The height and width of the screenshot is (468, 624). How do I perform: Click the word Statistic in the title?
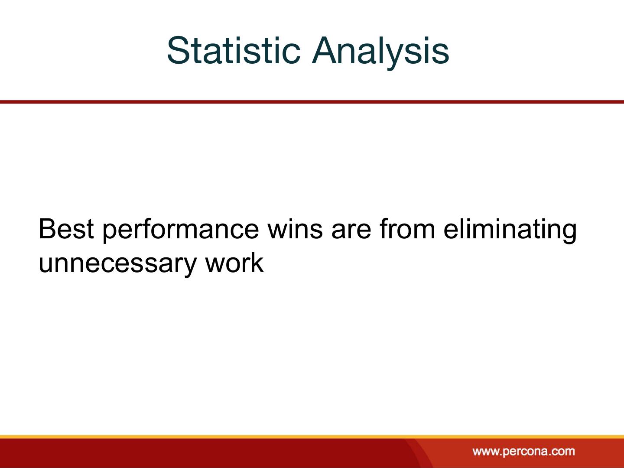(234, 51)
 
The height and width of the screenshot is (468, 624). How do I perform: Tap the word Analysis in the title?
(380, 53)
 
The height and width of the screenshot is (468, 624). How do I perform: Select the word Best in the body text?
(66, 229)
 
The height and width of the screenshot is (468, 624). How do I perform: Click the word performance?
(181, 231)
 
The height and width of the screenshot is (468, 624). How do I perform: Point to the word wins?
(295, 229)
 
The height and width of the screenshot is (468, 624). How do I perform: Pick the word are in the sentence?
(351, 231)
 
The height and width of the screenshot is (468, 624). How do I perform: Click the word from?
(407, 229)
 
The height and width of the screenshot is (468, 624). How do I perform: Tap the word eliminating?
(510, 231)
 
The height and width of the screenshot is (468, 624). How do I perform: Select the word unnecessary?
(117, 265)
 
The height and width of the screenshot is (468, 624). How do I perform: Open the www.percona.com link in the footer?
(523, 451)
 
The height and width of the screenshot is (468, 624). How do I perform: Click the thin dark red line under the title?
(312, 102)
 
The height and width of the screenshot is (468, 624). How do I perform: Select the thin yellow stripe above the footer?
(312, 436)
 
